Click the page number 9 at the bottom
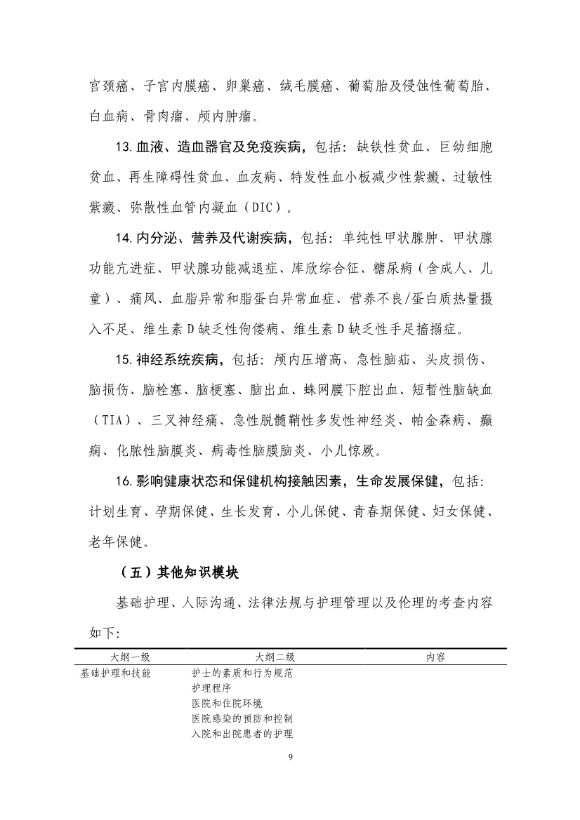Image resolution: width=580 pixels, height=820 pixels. [x=290, y=758]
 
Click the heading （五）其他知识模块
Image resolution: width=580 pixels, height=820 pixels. [x=180, y=572]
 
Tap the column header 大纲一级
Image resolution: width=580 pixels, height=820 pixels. [x=131, y=657]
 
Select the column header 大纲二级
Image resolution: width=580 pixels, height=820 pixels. [x=275, y=657]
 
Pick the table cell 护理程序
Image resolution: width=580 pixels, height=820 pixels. [x=211, y=688]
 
